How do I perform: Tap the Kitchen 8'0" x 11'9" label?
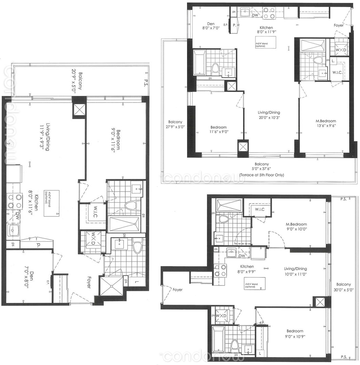(266, 30)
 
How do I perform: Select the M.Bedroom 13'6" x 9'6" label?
(326, 123)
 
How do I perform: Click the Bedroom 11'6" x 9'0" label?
(218, 129)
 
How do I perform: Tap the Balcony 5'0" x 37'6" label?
(262, 167)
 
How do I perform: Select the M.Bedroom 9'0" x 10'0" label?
(296, 227)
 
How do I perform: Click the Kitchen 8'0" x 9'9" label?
(247, 269)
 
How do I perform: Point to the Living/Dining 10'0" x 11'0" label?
(295, 271)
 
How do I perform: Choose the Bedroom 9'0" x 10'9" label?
(294, 333)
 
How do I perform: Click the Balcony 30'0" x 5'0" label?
(343, 287)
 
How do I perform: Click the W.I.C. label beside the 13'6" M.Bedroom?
(337, 72)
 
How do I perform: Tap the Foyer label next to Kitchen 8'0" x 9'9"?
(177, 290)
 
